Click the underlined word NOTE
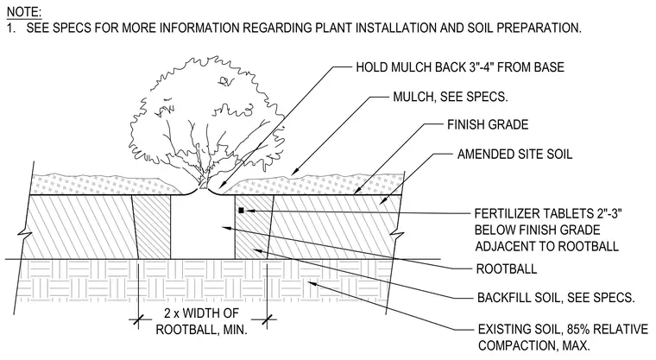(24, 12)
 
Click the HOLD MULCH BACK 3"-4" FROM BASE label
(460, 67)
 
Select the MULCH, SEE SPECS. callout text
(451, 97)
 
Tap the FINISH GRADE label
(488, 124)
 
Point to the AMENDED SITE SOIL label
(514, 154)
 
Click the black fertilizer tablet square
(241, 211)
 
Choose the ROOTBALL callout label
(506, 268)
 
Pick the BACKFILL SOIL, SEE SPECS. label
(556, 298)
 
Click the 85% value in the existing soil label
(577, 329)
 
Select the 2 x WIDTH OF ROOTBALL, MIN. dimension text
(202, 321)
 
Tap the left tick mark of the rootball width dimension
(138, 320)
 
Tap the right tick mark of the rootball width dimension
(268, 320)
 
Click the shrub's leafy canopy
(205, 113)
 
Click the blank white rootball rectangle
(203, 227)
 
